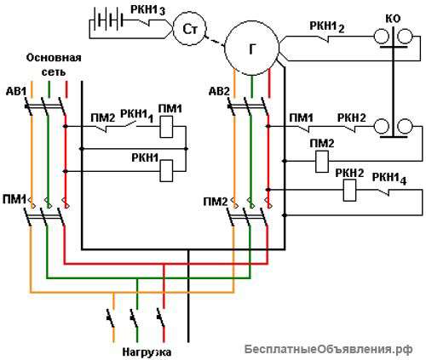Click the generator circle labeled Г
point(251,49)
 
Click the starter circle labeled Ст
point(190,29)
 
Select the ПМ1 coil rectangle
point(166,127)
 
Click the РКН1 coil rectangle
point(166,171)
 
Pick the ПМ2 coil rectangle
point(322,162)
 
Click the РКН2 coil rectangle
point(349,191)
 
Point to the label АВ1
point(16,92)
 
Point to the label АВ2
point(219,92)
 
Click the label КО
point(393,19)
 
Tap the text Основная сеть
point(54,65)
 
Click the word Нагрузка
point(147,352)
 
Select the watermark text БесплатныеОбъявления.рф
point(329,349)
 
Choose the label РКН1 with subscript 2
point(327,27)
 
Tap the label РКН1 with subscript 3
point(147,10)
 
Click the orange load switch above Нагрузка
point(111,318)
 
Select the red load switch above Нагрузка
point(161,318)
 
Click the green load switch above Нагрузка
point(135,318)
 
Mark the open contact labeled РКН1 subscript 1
point(130,124)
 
